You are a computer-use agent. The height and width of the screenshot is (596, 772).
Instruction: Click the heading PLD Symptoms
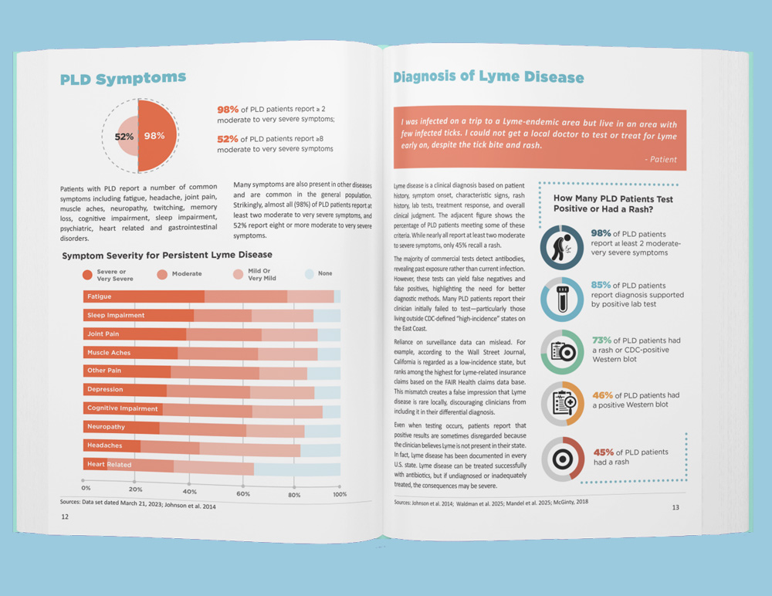pos(124,78)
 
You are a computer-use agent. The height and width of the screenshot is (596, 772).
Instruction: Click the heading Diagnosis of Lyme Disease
pos(489,77)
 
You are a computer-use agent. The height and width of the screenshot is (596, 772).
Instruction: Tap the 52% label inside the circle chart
pos(124,136)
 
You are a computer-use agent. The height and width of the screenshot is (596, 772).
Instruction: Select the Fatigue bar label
pos(100,296)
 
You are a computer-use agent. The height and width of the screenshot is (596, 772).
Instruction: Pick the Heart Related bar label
pos(110,465)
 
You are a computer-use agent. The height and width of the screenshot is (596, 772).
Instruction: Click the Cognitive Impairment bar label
pos(122,408)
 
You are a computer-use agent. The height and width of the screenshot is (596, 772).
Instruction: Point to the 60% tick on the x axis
pos(242,492)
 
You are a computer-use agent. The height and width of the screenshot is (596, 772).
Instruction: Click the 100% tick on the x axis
pos(340,494)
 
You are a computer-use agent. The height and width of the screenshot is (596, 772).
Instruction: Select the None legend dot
pos(310,274)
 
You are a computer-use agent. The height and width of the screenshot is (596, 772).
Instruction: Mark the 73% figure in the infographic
pos(603,340)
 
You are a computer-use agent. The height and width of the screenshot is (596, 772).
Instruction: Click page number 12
pos(65,517)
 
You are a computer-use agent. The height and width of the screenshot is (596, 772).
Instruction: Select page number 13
pos(675,507)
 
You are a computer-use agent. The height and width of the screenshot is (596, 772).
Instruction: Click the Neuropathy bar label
pos(106,427)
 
